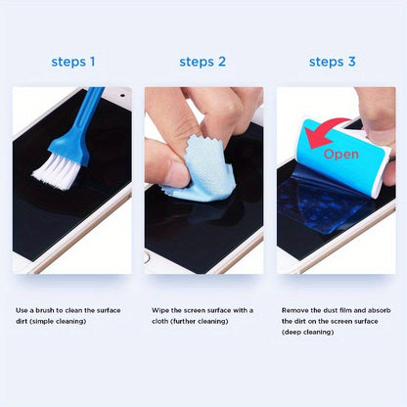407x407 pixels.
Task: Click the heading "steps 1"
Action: (73, 62)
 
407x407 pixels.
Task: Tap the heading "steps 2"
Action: (203, 62)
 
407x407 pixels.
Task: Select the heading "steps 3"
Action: (333, 62)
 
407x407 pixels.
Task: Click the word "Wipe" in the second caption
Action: (162, 310)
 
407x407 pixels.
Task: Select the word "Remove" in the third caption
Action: (296, 310)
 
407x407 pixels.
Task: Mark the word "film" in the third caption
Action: (355, 310)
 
